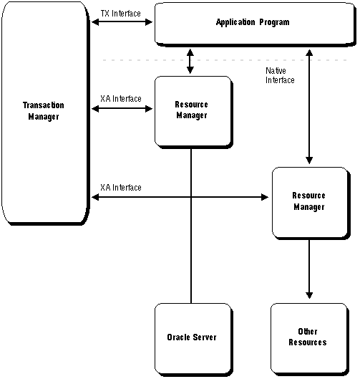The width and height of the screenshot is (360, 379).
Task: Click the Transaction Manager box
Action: tap(46, 113)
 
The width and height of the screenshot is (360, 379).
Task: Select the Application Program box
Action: tap(256, 24)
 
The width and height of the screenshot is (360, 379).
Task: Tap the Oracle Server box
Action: tap(194, 340)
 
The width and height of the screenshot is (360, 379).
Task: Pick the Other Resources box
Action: tap(310, 340)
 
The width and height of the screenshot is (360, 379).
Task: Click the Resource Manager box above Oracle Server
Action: tap(194, 112)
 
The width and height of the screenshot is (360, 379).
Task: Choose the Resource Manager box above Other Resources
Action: tap(311, 203)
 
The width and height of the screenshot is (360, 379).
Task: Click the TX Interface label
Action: tap(120, 14)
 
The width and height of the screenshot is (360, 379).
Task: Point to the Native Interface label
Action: tap(280, 75)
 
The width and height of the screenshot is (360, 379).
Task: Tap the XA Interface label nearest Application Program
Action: tap(121, 99)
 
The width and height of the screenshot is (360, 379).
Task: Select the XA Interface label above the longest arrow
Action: tap(121, 188)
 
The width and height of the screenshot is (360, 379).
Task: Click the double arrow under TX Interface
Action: tap(122, 22)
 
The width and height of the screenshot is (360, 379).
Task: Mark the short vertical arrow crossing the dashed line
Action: tap(190, 61)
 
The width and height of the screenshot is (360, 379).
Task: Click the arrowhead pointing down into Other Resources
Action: tap(309, 295)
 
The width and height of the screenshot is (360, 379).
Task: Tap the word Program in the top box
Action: tap(274, 22)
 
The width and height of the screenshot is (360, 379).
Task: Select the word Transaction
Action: tap(44, 105)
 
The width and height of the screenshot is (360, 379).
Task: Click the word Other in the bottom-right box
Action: tap(308, 332)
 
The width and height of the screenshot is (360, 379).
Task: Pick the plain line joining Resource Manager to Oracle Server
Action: tap(191, 226)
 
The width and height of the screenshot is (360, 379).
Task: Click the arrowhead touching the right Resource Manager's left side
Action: tap(265, 197)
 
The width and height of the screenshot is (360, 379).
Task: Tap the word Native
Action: tap(276, 71)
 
